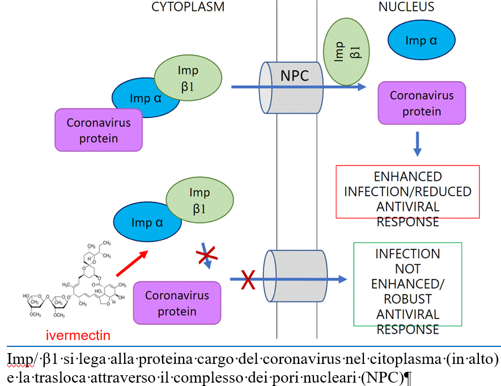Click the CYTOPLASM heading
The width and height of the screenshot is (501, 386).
tap(188, 7)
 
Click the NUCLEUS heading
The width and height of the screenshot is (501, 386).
tap(406, 7)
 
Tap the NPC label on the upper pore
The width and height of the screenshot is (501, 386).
tap(295, 75)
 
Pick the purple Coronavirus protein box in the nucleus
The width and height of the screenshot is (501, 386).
tap(422, 103)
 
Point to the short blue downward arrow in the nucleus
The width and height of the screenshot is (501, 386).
tap(417, 144)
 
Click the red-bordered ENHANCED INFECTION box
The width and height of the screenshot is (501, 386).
tap(407, 192)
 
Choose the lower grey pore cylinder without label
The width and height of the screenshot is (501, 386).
tap(291, 278)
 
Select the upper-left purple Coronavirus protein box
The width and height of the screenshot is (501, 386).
tap(99, 130)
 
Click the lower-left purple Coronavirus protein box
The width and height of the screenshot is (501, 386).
tap(177, 303)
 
